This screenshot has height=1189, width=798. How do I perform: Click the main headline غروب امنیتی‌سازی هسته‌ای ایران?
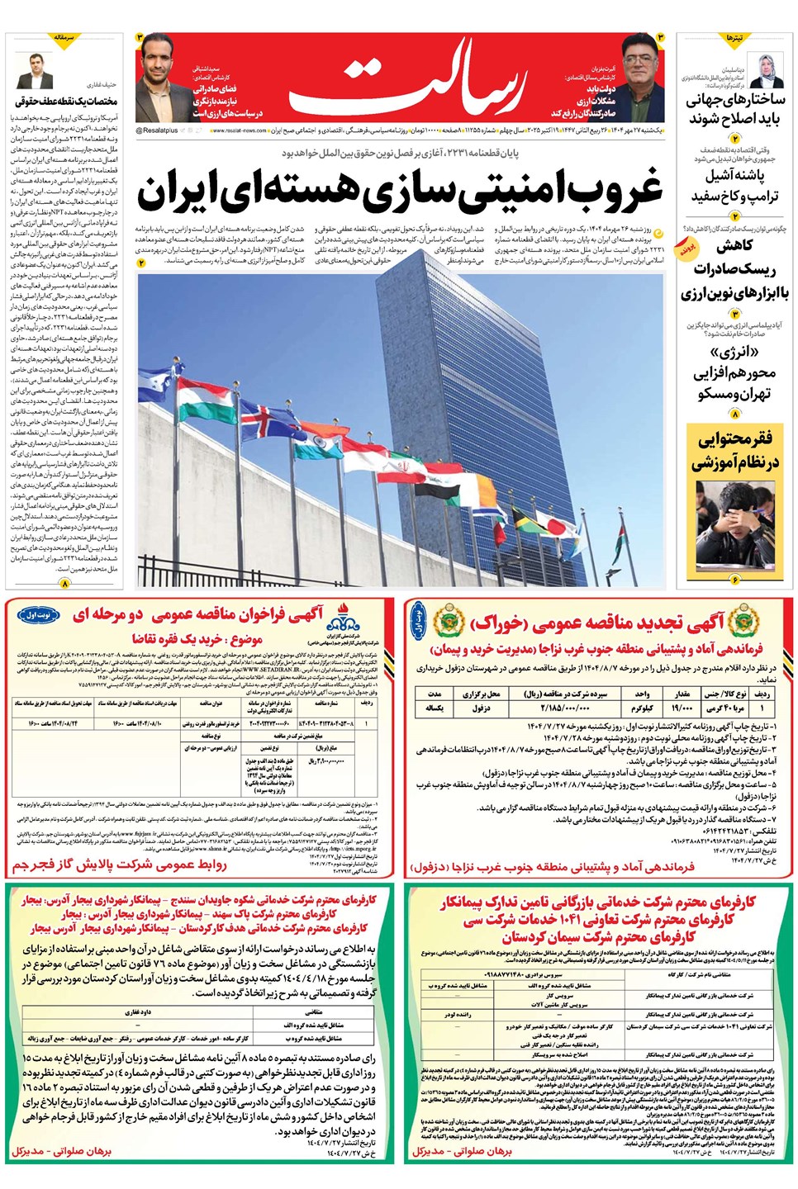point(400,191)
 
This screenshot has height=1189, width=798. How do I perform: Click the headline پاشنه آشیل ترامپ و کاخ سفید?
point(735,187)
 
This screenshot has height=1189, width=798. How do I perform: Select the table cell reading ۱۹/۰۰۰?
point(682,708)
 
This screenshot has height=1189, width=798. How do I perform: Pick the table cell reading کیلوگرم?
point(642,708)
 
